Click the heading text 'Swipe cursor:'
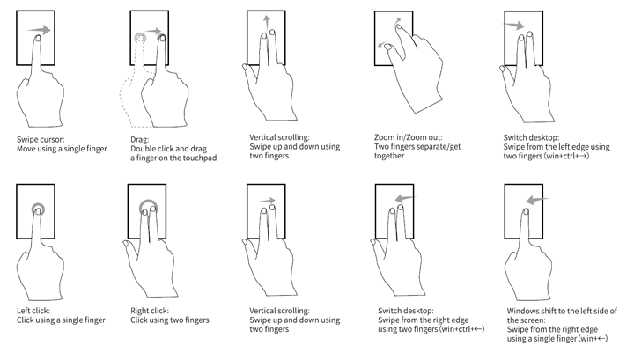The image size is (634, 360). pyautogui.click(x=41, y=139)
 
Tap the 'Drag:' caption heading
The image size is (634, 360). pyautogui.click(x=139, y=139)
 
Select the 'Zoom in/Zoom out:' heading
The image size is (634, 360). pyautogui.click(x=409, y=137)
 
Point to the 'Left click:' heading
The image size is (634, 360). pyautogui.click(x=33, y=311)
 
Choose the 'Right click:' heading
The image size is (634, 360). pyautogui.click(x=150, y=311)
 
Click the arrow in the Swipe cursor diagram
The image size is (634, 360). pyautogui.click(x=39, y=30)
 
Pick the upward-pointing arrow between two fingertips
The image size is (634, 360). pyautogui.click(x=267, y=25)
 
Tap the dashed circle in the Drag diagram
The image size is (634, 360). pyautogui.click(x=140, y=39)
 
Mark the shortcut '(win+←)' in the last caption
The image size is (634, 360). pyautogui.click(x=593, y=339)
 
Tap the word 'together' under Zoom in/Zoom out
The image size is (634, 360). pyautogui.click(x=389, y=156)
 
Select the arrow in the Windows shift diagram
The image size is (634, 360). pyautogui.click(x=538, y=200)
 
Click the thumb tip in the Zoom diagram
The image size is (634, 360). pyautogui.click(x=387, y=48)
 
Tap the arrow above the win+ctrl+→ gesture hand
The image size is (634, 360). pyautogui.click(x=513, y=26)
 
